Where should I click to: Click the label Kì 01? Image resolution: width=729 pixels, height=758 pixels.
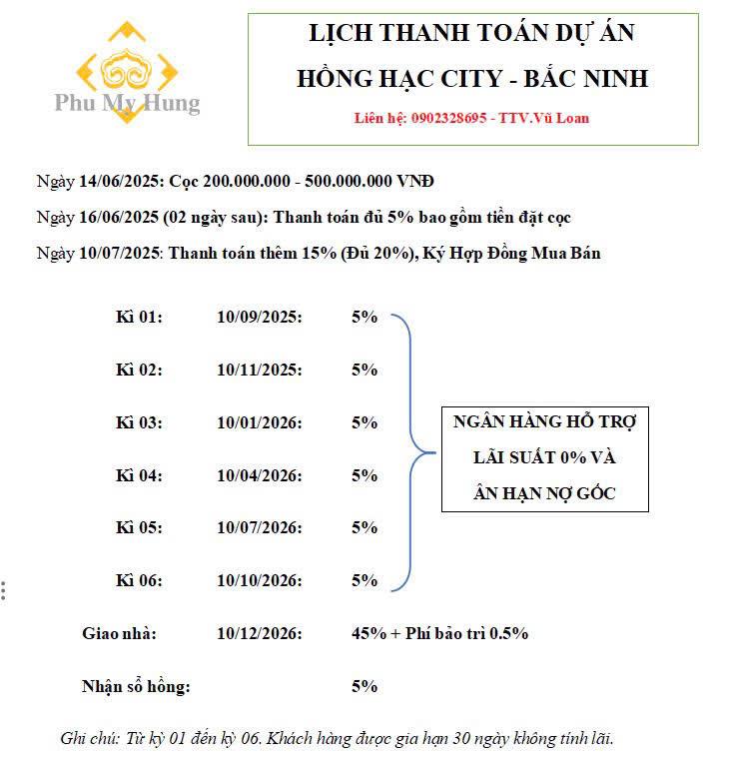pyautogui.click(x=139, y=317)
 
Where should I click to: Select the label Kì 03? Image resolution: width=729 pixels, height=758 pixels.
pyautogui.click(x=139, y=422)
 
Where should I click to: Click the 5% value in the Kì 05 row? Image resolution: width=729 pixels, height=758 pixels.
pyautogui.click(x=364, y=527)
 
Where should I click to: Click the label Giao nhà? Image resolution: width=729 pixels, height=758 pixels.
pyautogui.click(x=119, y=633)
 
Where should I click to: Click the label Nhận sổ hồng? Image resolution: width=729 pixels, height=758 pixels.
pyautogui.click(x=136, y=686)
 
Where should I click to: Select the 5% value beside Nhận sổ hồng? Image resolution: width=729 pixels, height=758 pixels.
pyautogui.click(x=364, y=686)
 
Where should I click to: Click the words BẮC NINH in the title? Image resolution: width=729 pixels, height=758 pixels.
pyautogui.click(x=590, y=78)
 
